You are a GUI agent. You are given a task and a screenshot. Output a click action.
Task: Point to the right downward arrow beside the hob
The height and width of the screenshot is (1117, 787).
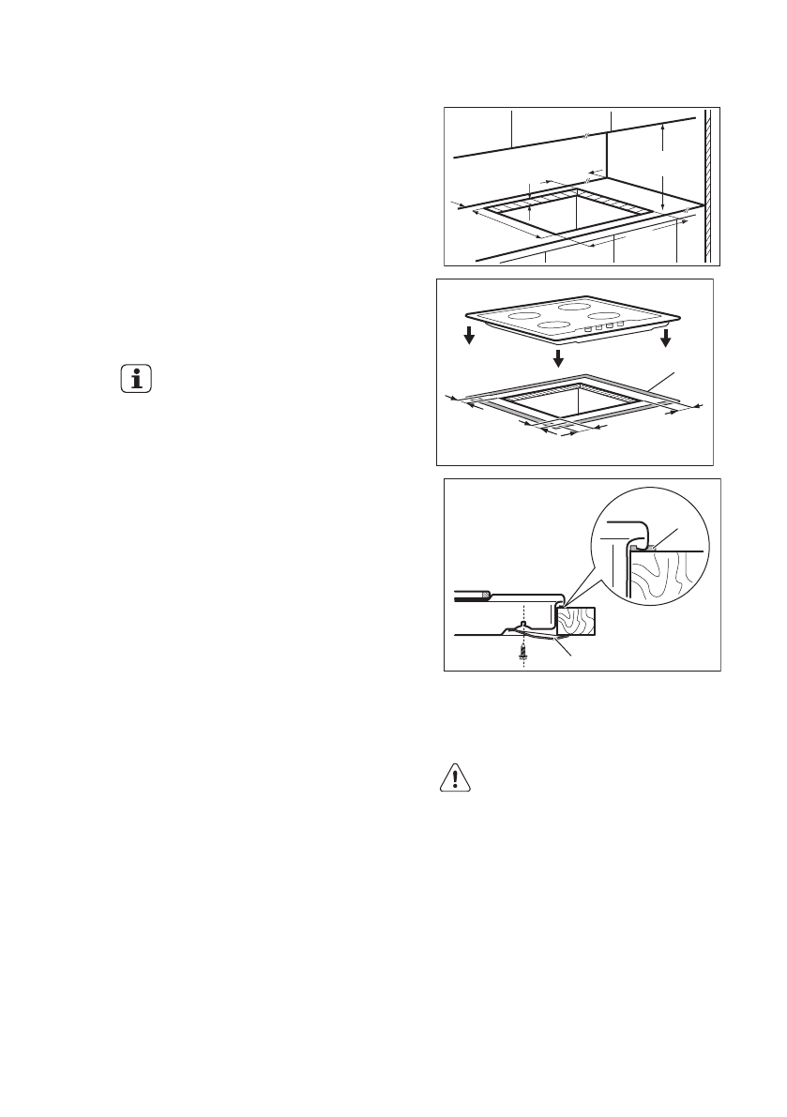pyautogui.click(x=666, y=338)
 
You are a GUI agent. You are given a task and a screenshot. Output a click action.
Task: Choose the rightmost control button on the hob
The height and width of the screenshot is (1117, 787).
pyautogui.click(x=620, y=324)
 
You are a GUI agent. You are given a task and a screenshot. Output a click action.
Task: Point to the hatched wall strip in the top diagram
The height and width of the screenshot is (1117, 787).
pyautogui.click(x=709, y=188)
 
